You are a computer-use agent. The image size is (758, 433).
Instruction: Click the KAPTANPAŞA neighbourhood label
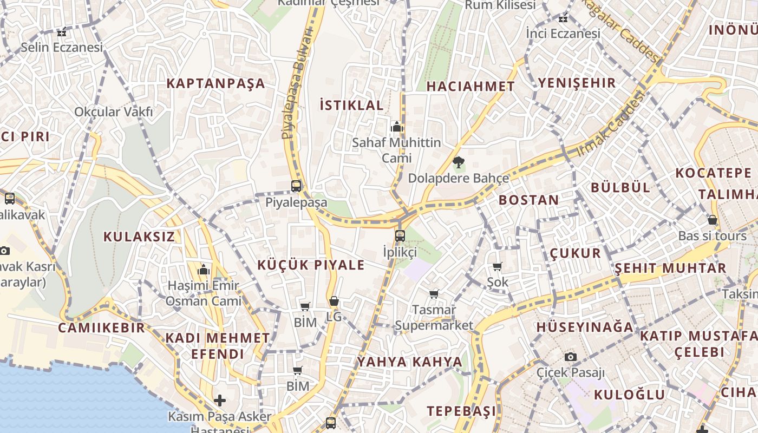[x=215, y=83]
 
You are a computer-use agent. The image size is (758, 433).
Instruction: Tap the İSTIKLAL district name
[x=351, y=105]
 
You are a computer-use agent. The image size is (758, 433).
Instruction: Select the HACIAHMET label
[x=471, y=86]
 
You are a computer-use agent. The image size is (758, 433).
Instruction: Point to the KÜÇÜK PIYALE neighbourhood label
[x=311, y=265]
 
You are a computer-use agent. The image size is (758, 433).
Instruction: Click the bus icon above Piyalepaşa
[x=296, y=186]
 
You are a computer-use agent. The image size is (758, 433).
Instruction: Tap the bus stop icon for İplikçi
[x=400, y=235]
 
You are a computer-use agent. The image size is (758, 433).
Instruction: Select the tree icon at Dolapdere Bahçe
[x=458, y=162]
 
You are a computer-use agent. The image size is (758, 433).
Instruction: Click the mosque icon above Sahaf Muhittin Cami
[x=397, y=127]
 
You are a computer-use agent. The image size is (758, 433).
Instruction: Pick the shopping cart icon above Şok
[x=498, y=266]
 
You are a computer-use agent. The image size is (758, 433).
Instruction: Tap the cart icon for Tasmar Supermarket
[x=434, y=294]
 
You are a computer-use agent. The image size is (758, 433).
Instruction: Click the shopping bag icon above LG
[x=334, y=301]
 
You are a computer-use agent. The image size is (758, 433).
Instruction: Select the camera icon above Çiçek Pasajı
[x=570, y=357]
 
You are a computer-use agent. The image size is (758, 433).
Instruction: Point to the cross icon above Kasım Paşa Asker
[x=220, y=401]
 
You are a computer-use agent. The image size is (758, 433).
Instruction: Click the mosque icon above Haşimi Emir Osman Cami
[x=204, y=269]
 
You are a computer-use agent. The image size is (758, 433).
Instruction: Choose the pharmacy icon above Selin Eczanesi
[x=62, y=32]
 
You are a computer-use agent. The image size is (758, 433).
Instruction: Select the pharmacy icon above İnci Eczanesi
[x=564, y=18]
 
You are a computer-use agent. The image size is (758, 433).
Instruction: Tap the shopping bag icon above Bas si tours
[x=713, y=220]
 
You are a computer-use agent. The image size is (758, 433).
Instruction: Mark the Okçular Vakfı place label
[x=114, y=112]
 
